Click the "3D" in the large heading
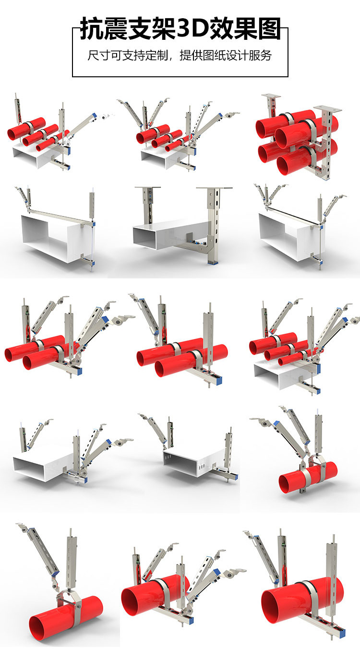[x=192, y=29]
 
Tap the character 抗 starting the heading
[x=91, y=29]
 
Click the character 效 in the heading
[x=220, y=29]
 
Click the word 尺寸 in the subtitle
[x=99, y=56]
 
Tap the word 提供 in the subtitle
[x=191, y=56]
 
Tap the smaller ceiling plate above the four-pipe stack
[x=271, y=96]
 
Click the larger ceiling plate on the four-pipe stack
[x=327, y=108]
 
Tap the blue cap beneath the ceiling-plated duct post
[x=213, y=263]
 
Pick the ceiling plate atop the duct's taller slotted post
[x=214, y=188]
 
